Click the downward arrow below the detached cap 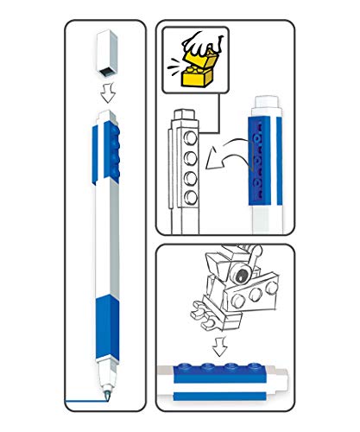pos(106,94)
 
